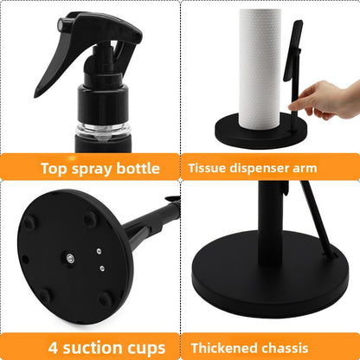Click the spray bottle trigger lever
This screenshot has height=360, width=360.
click(x=52, y=67)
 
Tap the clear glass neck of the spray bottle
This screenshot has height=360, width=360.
click(x=103, y=132)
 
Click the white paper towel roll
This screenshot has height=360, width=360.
click(x=260, y=68)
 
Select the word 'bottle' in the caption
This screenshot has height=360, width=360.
click(x=138, y=168)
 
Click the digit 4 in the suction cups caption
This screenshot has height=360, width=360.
click(x=53, y=348)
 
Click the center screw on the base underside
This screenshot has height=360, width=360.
click(x=70, y=258)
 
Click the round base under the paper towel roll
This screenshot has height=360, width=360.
click(x=260, y=132)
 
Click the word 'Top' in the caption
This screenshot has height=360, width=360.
click(x=55, y=169)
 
